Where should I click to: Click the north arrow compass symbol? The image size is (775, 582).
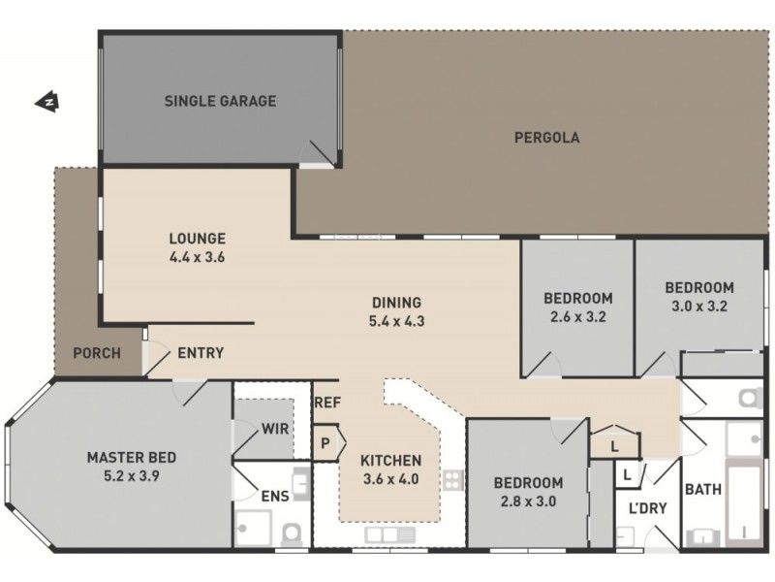point(46,100)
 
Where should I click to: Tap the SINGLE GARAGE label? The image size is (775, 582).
point(220,101)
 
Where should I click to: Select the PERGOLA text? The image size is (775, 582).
point(546,138)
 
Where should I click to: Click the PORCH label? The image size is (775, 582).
point(98,353)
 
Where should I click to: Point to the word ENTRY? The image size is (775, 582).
point(201,353)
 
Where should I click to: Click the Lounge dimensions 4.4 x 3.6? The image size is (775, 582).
point(197,258)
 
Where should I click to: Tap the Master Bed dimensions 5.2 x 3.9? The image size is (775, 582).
point(131,477)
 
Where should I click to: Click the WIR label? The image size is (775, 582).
point(275,428)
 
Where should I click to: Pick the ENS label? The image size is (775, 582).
point(274,496)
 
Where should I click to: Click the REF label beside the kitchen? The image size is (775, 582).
point(325,399)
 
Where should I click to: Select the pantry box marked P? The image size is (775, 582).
point(325,441)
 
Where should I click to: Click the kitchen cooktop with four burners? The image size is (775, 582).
point(453,478)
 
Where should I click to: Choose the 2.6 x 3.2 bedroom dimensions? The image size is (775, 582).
point(577,316)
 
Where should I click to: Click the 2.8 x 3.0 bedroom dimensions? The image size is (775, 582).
point(528,502)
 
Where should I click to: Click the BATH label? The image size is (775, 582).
point(702,490)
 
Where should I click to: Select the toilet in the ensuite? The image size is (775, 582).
point(290,533)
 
